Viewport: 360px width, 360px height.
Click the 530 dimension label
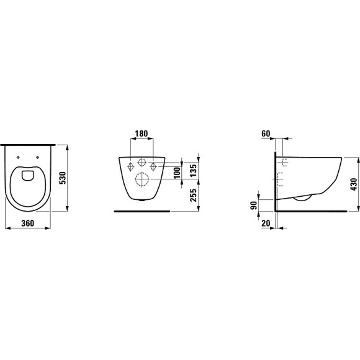click(63, 178)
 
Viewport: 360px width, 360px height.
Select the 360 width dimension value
click(27, 223)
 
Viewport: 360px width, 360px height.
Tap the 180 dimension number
click(142, 133)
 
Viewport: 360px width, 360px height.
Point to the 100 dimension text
click(177, 173)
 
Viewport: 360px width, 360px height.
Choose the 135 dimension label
click(193, 170)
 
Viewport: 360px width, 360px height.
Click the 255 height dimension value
click(193, 195)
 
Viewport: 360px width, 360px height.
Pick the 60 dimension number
click(266, 133)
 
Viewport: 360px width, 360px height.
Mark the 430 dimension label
click(354, 184)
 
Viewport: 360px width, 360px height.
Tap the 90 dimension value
click(254, 205)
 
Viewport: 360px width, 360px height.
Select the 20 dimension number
click(266, 223)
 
